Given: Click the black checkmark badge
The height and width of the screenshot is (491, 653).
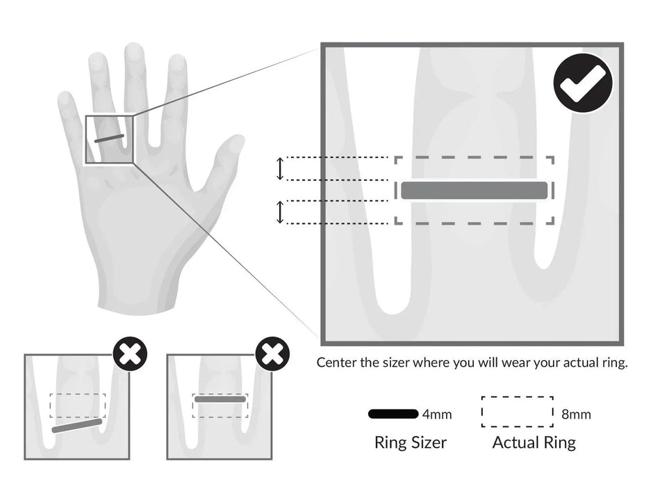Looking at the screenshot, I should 583,83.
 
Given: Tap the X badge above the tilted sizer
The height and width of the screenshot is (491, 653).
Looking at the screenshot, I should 130,355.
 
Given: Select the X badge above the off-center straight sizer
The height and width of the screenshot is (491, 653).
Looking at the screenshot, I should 272,355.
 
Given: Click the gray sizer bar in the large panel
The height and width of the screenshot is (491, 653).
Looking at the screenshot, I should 474,190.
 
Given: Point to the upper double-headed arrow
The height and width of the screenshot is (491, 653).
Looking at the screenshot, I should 280,168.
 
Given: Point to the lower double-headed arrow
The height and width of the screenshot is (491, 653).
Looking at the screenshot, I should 280,212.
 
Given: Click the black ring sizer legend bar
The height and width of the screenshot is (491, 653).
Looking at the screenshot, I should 393,414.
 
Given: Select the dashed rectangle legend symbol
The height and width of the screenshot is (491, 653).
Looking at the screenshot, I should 517,412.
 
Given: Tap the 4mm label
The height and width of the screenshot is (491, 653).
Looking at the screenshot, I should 437,415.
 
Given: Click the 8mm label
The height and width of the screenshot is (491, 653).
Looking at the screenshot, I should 576,415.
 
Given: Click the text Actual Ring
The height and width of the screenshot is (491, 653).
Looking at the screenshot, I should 534,442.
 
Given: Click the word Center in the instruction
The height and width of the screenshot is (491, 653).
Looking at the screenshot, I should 336,362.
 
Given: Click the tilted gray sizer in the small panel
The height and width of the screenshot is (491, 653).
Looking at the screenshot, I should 77,426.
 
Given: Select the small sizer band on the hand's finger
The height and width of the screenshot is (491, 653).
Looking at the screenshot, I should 109,138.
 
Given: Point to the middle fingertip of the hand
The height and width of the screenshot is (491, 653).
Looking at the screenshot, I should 134,53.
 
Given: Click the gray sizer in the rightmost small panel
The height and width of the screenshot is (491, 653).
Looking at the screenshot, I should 220,399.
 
